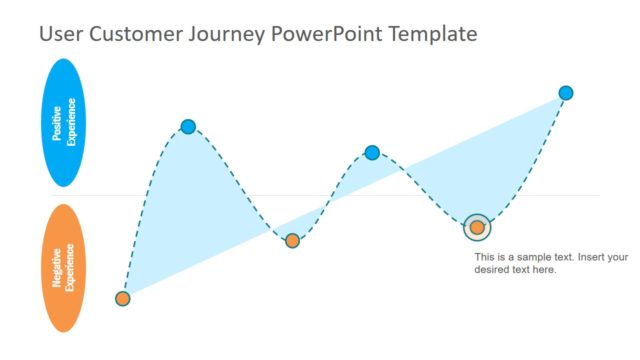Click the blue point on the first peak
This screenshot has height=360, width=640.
[x=188, y=126]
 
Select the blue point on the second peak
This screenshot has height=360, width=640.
[x=372, y=153]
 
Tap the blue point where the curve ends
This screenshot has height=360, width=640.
[x=566, y=93]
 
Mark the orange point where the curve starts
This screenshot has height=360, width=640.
[x=122, y=298]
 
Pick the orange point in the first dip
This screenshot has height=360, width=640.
[x=292, y=240]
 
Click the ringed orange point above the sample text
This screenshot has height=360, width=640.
[x=477, y=227]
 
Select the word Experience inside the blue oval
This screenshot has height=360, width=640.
[x=72, y=123]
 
